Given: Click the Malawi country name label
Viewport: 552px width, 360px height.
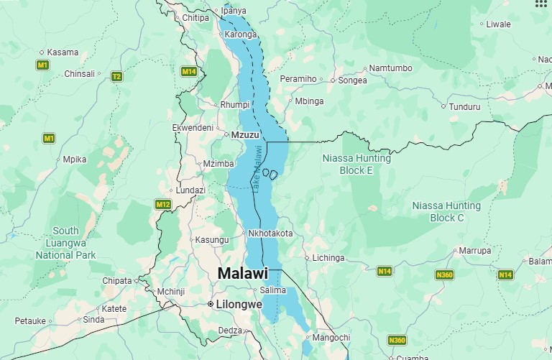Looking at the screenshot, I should (242, 274).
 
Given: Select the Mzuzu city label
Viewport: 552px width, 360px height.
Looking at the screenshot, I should (244, 134).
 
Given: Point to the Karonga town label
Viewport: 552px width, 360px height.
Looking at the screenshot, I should (240, 34).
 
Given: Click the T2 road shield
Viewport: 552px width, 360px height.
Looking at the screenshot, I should (116, 76).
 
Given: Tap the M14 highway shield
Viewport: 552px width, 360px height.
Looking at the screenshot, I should (189, 71).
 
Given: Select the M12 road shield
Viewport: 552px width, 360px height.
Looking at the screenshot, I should (163, 205).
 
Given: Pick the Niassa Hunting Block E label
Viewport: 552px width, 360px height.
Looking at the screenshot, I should (356, 165).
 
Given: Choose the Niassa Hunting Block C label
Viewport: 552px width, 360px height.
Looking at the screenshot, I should (446, 212).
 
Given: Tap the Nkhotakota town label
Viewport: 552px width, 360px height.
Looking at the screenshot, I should (270, 234).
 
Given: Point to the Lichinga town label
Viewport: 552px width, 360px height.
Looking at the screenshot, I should (328, 257).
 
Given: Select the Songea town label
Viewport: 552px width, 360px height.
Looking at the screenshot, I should (352, 80).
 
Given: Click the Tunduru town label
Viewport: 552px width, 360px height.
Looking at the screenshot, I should (464, 107).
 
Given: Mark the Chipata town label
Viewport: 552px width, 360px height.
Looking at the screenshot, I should (117, 280).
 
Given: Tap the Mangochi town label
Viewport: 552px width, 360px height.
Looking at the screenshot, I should (331, 337).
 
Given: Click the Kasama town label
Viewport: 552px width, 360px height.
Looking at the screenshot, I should (63, 52).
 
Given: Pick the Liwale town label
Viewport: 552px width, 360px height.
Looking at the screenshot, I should (498, 24).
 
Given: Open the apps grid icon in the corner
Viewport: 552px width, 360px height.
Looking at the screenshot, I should (540, 4).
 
